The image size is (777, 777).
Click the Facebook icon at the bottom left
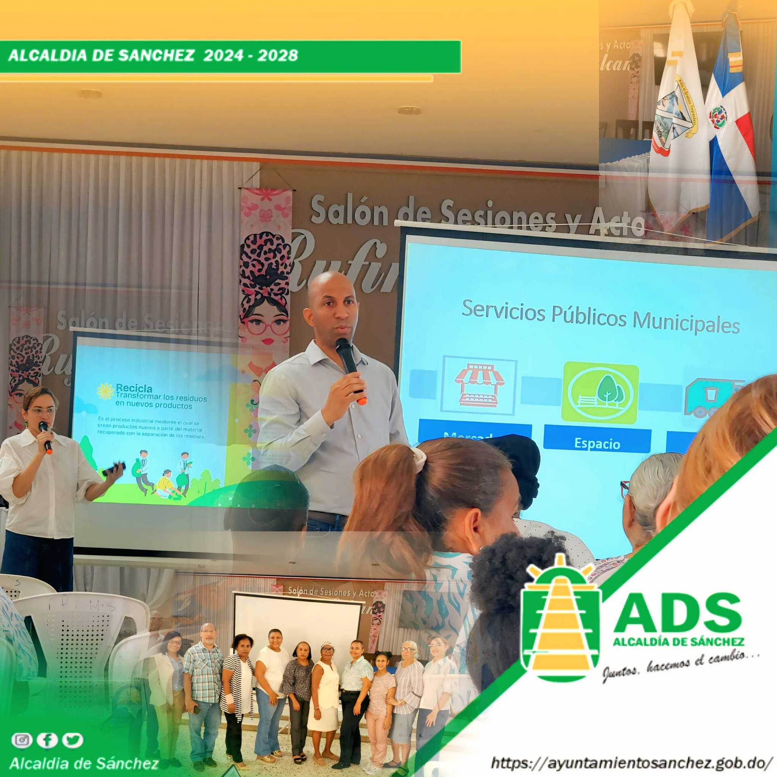pos(47,739)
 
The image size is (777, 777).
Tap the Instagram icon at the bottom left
pos(22,739)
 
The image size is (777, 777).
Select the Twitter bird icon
pos(73,739)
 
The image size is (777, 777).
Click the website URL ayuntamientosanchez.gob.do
pos(631,763)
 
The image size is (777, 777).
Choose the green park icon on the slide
pos(600,392)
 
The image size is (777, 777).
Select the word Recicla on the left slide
pos(134,388)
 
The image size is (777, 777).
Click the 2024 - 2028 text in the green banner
pos(250,55)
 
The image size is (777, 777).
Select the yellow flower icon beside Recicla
pos(105,391)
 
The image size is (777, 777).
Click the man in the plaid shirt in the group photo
pos(203,679)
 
